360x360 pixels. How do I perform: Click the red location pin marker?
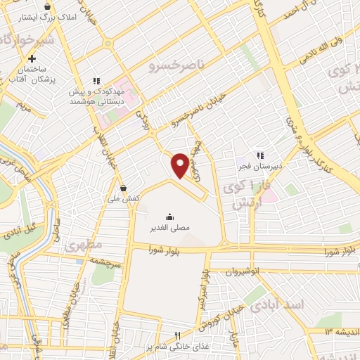tap(181, 165)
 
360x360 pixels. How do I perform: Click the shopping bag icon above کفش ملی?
tap(124, 188)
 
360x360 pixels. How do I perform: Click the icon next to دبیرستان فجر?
tap(259, 155)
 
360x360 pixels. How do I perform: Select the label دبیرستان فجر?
tap(257, 167)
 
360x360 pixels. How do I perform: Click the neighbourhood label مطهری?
tap(84, 245)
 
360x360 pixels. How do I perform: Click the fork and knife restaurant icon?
tap(178, 336)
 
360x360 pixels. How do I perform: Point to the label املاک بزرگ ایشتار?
tap(31, 15)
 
